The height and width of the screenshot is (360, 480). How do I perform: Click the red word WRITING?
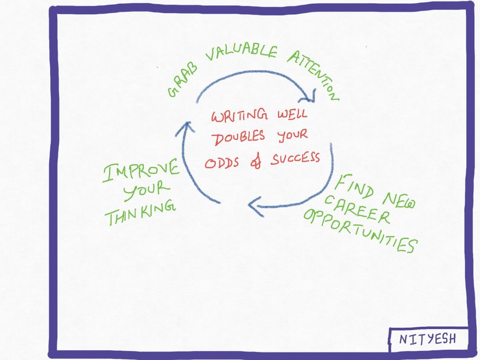click(239, 116)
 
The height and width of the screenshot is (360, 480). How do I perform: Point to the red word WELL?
click(292, 114)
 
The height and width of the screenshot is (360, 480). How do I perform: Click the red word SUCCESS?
click(295, 158)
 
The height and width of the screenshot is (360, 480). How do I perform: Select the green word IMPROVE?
click(141, 171)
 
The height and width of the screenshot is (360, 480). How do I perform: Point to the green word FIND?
click(354, 187)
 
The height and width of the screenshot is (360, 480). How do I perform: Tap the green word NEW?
click(399, 201)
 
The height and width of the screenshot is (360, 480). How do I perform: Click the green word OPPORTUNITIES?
click(361, 231)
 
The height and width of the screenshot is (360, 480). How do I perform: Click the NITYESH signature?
click(428, 339)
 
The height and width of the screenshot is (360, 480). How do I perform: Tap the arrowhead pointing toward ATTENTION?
click(309, 96)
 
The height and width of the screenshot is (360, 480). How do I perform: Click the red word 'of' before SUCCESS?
click(256, 161)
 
